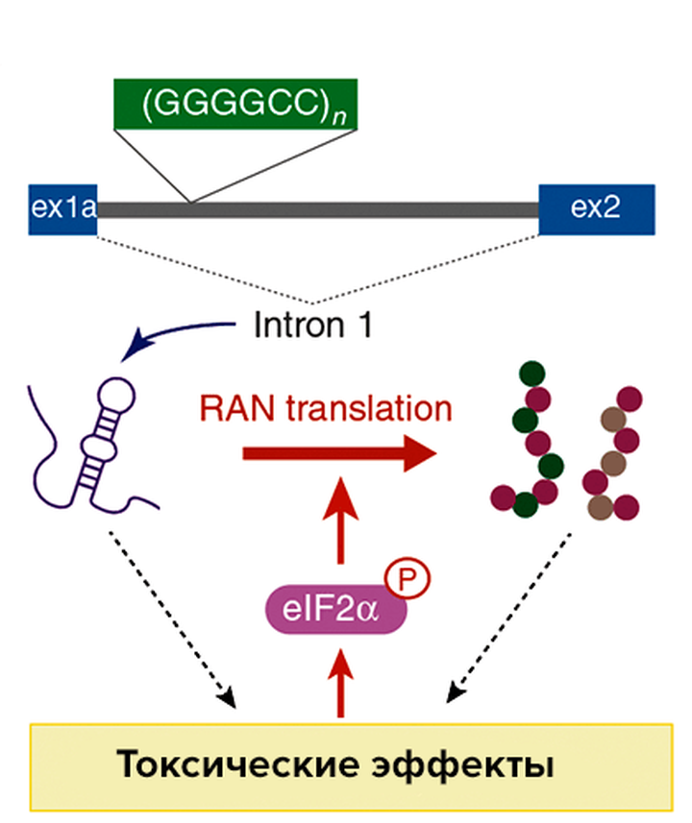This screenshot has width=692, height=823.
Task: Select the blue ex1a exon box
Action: click(62, 208)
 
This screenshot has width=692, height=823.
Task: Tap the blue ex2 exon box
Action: click(597, 208)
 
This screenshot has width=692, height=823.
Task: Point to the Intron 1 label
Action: click(312, 327)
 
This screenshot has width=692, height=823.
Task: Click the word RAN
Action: click(230, 408)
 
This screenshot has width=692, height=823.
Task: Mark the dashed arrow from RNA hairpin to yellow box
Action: click(173, 615)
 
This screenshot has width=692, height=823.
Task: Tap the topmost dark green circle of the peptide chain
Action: click(530, 372)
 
